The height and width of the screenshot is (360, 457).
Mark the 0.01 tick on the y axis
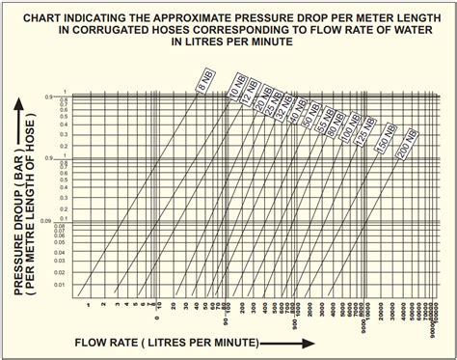tap(60, 285)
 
